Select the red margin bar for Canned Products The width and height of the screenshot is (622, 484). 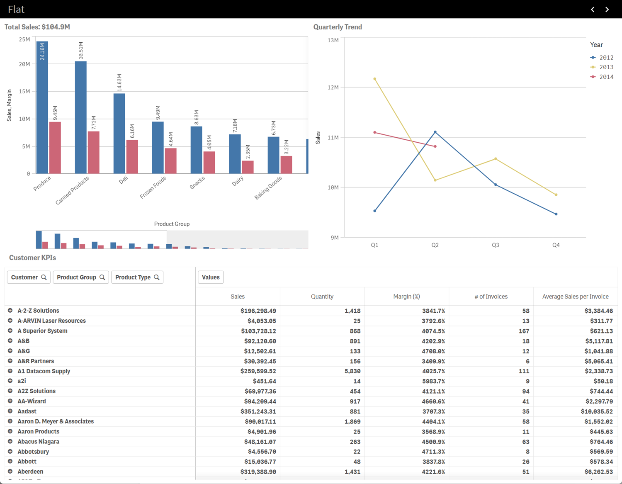(93, 153)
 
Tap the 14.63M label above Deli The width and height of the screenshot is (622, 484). (119, 83)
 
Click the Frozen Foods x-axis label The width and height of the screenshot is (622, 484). (153, 187)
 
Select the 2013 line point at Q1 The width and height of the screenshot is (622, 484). (375, 79)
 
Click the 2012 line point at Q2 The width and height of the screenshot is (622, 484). (435, 132)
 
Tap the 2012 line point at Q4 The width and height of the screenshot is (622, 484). (556, 214)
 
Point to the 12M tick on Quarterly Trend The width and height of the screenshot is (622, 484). (333, 88)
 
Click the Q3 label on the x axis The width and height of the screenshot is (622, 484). (496, 245)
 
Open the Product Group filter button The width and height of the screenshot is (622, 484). (81, 277)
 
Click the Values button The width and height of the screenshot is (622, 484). (211, 277)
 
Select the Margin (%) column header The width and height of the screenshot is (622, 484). (406, 297)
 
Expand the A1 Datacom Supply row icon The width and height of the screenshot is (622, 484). (10, 371)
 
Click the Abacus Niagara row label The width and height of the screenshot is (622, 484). (38, 442)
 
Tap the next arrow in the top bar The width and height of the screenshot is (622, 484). (607, 9)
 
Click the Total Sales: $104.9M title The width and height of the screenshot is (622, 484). (37, 27)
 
